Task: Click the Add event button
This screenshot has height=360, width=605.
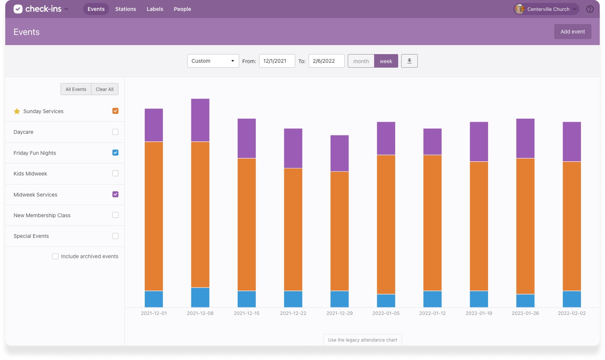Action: (572, 32)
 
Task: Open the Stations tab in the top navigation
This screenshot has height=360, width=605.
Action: (126, 9)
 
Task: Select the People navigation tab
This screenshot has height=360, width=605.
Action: (182, 9)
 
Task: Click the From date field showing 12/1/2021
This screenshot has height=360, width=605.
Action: (277, 61)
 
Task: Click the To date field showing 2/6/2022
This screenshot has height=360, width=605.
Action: (326, 61)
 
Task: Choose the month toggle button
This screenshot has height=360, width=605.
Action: (361, 61)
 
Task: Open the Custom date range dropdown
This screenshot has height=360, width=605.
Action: (213, 61)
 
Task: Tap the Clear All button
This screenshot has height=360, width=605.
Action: (105, 89)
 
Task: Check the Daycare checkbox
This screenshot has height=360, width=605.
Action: (115, 132)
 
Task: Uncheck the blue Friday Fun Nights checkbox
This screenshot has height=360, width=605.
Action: (115, 153)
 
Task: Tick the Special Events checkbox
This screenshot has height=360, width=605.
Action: (115, 236)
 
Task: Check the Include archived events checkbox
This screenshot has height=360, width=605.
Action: (55, 256)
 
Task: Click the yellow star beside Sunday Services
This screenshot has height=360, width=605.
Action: (17, 111)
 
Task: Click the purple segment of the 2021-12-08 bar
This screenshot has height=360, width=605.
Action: (200, 120)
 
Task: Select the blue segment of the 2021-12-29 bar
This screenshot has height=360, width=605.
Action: (340, 299)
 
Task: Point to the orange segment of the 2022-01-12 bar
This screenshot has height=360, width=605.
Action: (432, 222)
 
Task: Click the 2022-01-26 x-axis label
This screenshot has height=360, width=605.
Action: (525, 313)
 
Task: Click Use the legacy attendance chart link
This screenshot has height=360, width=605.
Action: (362, 340)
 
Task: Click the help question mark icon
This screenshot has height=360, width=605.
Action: (590, 9)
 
